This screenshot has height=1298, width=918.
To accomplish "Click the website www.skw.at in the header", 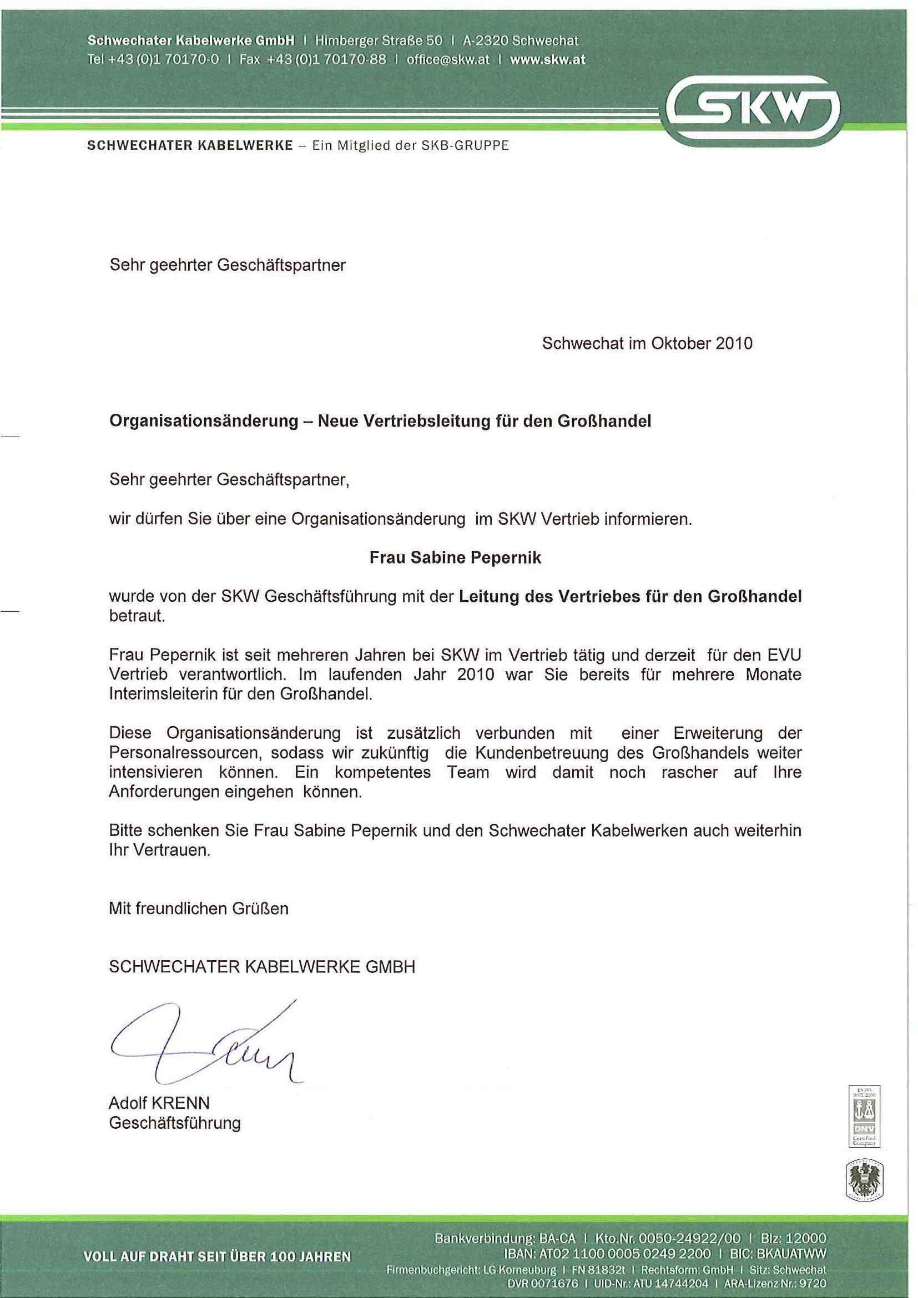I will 547,59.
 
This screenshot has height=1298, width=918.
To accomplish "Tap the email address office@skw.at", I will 448,59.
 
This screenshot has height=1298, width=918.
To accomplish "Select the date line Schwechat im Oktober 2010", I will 647,343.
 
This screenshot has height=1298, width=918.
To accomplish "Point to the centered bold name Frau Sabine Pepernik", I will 455,557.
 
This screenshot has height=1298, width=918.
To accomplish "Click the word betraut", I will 137,616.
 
